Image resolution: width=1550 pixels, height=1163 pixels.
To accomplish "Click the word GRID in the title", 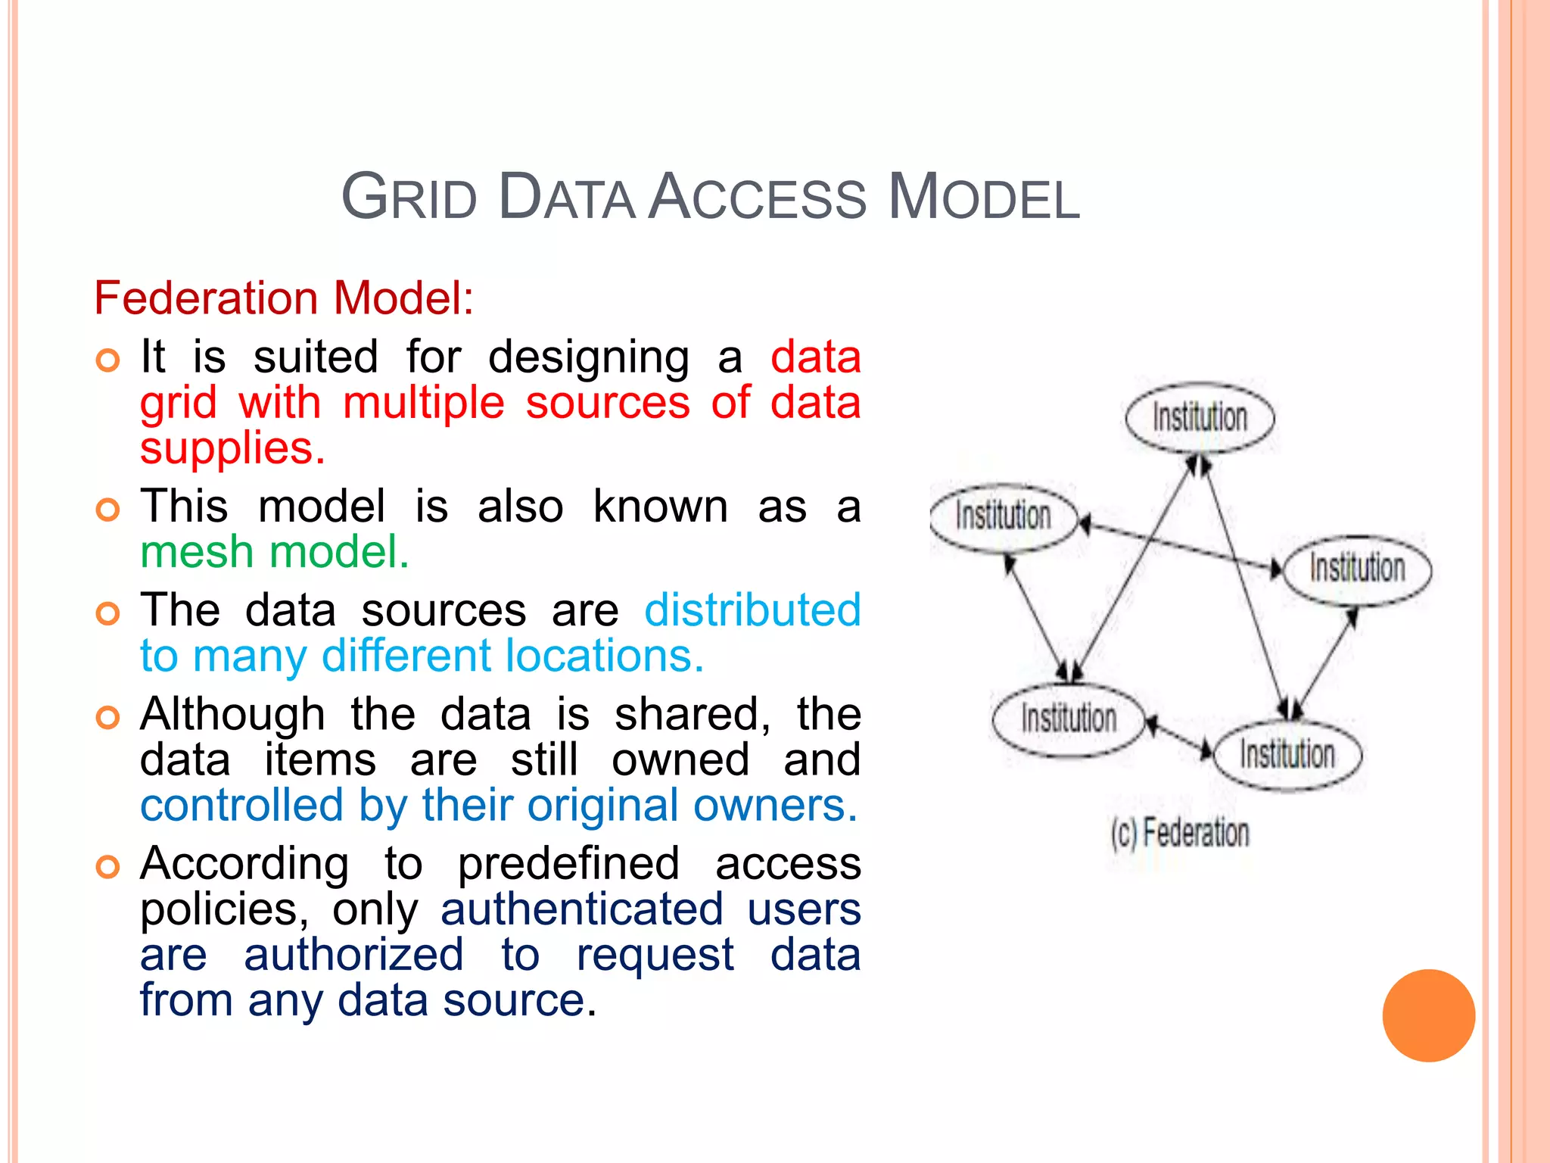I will click(409, 198).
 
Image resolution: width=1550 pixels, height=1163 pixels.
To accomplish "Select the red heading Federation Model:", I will click(284, 298).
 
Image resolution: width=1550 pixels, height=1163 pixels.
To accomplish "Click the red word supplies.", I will click(232, 448).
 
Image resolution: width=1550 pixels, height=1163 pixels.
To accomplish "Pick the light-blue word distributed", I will click(752, 610).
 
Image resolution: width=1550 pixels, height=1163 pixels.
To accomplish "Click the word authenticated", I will click(581, 909).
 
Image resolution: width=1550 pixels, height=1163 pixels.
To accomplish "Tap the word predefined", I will click(568, 863).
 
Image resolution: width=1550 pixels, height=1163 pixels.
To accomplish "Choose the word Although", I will click(232, 714).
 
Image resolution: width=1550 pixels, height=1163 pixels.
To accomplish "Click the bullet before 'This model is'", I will click(108, 510).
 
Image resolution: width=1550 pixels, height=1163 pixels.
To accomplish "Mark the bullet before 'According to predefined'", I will click(108, 867).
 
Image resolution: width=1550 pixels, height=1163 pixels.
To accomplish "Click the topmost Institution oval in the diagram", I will click(1200, 418).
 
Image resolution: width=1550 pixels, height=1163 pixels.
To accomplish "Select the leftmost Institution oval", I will click(1003, 517).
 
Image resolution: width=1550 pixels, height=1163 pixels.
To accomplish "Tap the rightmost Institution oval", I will click(1357, 569).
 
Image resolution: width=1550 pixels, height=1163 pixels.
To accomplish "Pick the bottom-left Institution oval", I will click(1068, 719).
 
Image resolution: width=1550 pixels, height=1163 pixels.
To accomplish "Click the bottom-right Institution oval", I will click(1287, 755).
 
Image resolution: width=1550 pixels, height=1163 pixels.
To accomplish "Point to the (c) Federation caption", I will click(1180, 834).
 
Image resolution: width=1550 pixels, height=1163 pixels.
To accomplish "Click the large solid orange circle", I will click(1428, 1015).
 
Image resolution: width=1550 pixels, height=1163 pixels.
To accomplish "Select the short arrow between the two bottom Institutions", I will click(1179, 737).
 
